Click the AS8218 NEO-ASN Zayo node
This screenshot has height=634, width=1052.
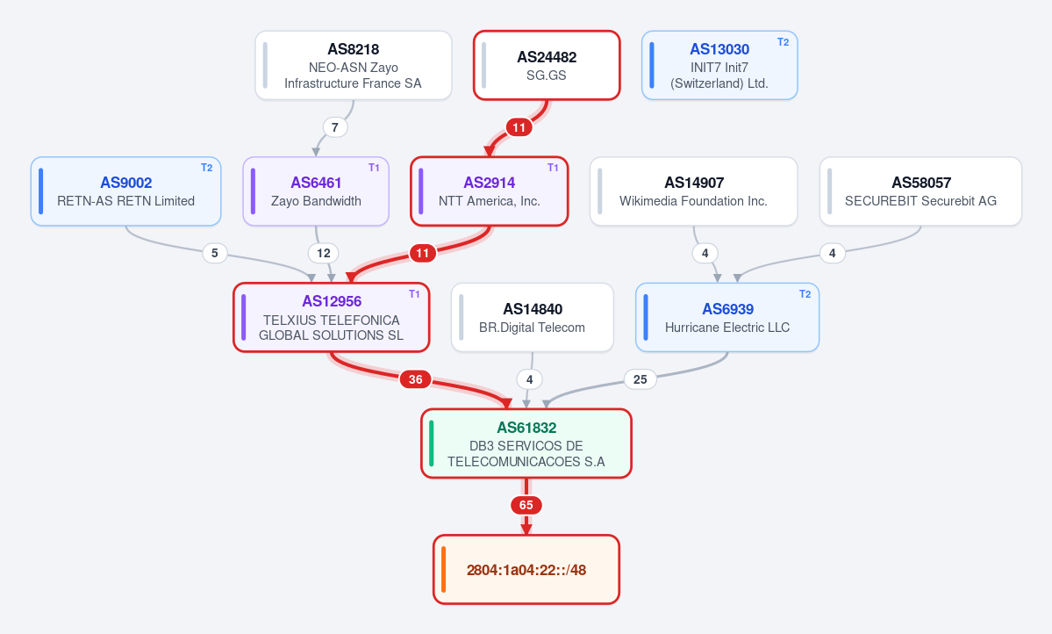tap(354, 65)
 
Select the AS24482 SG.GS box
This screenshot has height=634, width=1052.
tap(547, 65)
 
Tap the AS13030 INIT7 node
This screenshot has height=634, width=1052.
tap(719, 65)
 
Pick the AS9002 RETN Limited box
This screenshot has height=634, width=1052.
tap(126, 191)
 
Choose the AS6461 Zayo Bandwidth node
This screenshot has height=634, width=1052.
tap(316, 191)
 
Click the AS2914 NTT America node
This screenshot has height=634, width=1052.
tap(489, 191)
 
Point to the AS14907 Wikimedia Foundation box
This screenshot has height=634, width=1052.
tap(694, 191)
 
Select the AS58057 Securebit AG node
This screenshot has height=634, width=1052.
tap(920, 191)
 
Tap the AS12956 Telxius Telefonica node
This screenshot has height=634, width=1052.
tap(332, 318)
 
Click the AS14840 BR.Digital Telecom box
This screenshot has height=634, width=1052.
tap(532, 318)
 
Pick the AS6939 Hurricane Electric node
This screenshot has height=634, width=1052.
tap(727, 318)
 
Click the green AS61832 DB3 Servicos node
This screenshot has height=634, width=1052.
tap(526, 443)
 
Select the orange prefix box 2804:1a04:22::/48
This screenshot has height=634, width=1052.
tap(526, 570)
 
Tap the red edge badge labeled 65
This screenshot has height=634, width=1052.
tap(526, 505)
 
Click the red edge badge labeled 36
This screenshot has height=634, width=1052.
tap(416, 379)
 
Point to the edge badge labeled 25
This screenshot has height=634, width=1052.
tap(640, 379)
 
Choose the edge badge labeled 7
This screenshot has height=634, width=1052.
tap(335, 127)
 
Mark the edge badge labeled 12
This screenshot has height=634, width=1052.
tap(324, 253)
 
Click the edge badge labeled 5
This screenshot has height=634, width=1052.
tap(215, 253)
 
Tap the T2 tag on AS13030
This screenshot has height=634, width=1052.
tap(783, 41)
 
